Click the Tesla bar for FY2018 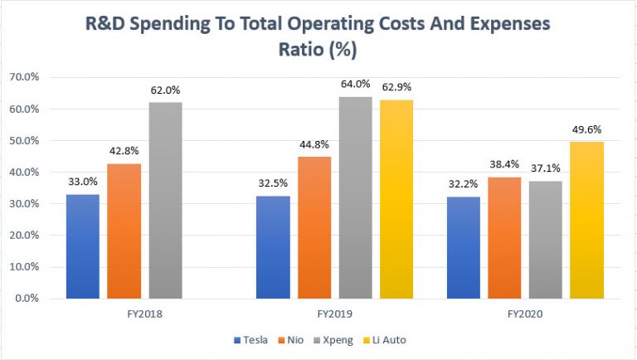pyautogui.click(x=82, y=246)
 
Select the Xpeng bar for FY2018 pyautogui.click(x=165, y=200)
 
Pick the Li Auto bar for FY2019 pyautogui.click(x=396, y=199)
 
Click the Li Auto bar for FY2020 pyautogui.click(x=586, y=220)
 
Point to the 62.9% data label pyautogui.click(x=396, y=86)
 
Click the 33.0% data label pyautogui.click(x=82, y=181)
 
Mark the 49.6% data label pyautogui.click(x=586, y=129)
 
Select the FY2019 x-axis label pyautogui.click(x=334, y=314)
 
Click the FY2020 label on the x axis pyautogui.click(x=524, y=314)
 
